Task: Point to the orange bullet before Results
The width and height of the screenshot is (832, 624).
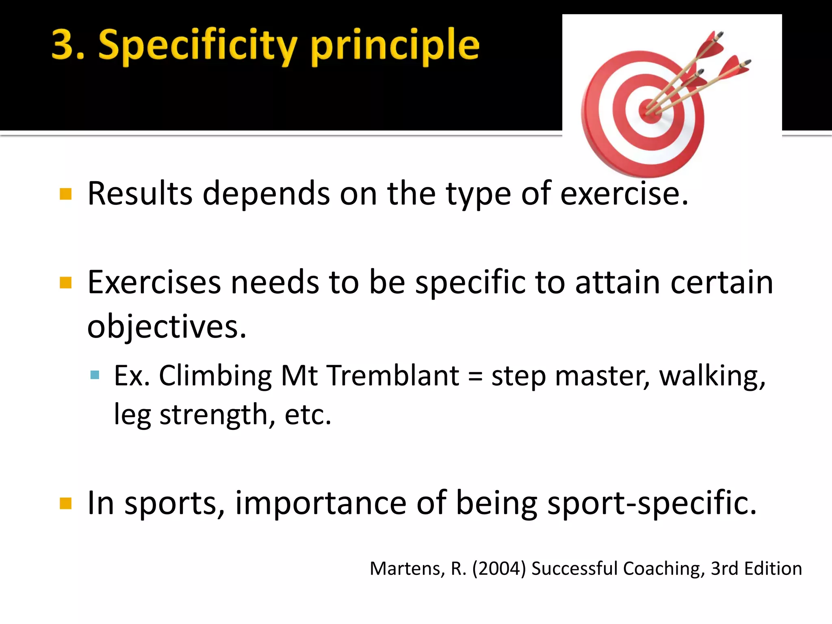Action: [x=65, y=194]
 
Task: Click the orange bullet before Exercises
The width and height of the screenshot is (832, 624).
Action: [x=65, y=282]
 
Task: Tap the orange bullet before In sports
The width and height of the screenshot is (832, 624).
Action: [x=65, y=503]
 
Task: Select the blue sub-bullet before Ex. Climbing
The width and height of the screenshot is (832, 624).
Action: [x=95, y=375]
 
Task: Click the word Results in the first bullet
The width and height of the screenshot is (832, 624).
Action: [x=140, y=193]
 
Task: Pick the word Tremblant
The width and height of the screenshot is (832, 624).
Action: [x=393, y=375]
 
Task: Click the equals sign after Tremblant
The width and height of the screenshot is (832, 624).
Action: [x=475, y=376]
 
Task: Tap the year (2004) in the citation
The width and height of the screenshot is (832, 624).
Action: [x=499, y=568]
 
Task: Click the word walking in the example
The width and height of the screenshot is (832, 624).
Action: [x=712, y=376]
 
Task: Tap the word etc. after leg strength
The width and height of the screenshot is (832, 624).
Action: [x=308, y=415]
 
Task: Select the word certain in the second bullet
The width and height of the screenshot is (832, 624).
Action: [x=722, y=282]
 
